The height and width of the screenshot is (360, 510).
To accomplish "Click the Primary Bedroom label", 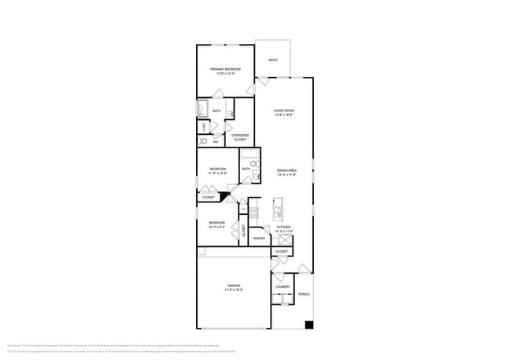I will [x=225, y=69].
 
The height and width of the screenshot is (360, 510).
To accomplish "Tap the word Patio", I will [x=273, y=60].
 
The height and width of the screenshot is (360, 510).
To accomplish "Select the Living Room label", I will [x=283, y=111].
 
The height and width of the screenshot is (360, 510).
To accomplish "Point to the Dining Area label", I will [x=286, y=170].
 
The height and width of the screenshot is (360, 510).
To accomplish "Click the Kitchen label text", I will [x=283, y=227].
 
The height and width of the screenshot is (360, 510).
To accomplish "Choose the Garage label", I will [x=234, y=285].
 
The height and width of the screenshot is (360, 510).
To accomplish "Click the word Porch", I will [x=304, y=294].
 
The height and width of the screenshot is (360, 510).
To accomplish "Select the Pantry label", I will [x=259, y=238].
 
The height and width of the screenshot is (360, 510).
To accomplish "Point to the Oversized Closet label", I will [x=239, y=137].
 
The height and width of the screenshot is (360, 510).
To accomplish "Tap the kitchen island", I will [x=277, y=210].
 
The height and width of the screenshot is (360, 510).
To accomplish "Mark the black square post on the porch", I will [x=309, y=325].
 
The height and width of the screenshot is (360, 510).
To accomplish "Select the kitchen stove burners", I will [x=254, y=210].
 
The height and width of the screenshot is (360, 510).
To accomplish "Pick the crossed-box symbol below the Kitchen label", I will [x=283, y=238].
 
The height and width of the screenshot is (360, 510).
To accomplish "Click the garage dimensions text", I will [x=234, y=289].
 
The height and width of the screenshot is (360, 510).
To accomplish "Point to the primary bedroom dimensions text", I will [x=225, y=74].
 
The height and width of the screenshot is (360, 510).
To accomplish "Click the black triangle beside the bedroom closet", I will [x=224, y=196].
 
